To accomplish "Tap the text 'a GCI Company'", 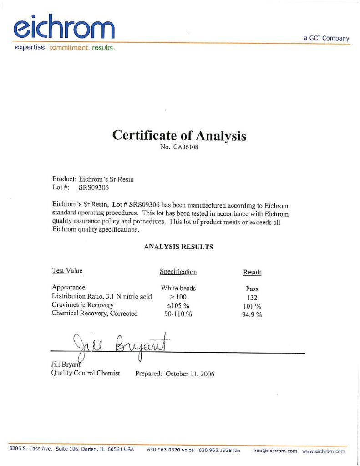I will (326, 38).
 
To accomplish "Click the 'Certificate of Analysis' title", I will (179, 135).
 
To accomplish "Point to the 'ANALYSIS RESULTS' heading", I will (178, 247).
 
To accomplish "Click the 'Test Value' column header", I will (67, 271).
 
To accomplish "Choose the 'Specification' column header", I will (178, 272).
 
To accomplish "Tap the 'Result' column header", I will (252, 272).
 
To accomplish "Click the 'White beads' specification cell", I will (178, 288).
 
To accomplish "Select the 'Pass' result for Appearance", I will (252, 289).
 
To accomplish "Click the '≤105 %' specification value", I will (178, 305).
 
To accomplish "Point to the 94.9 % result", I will (252, 314).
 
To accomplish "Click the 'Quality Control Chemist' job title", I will (86, 373).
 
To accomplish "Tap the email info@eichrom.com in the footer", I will (275, 451).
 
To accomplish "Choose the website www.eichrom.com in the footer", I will (323, 451).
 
